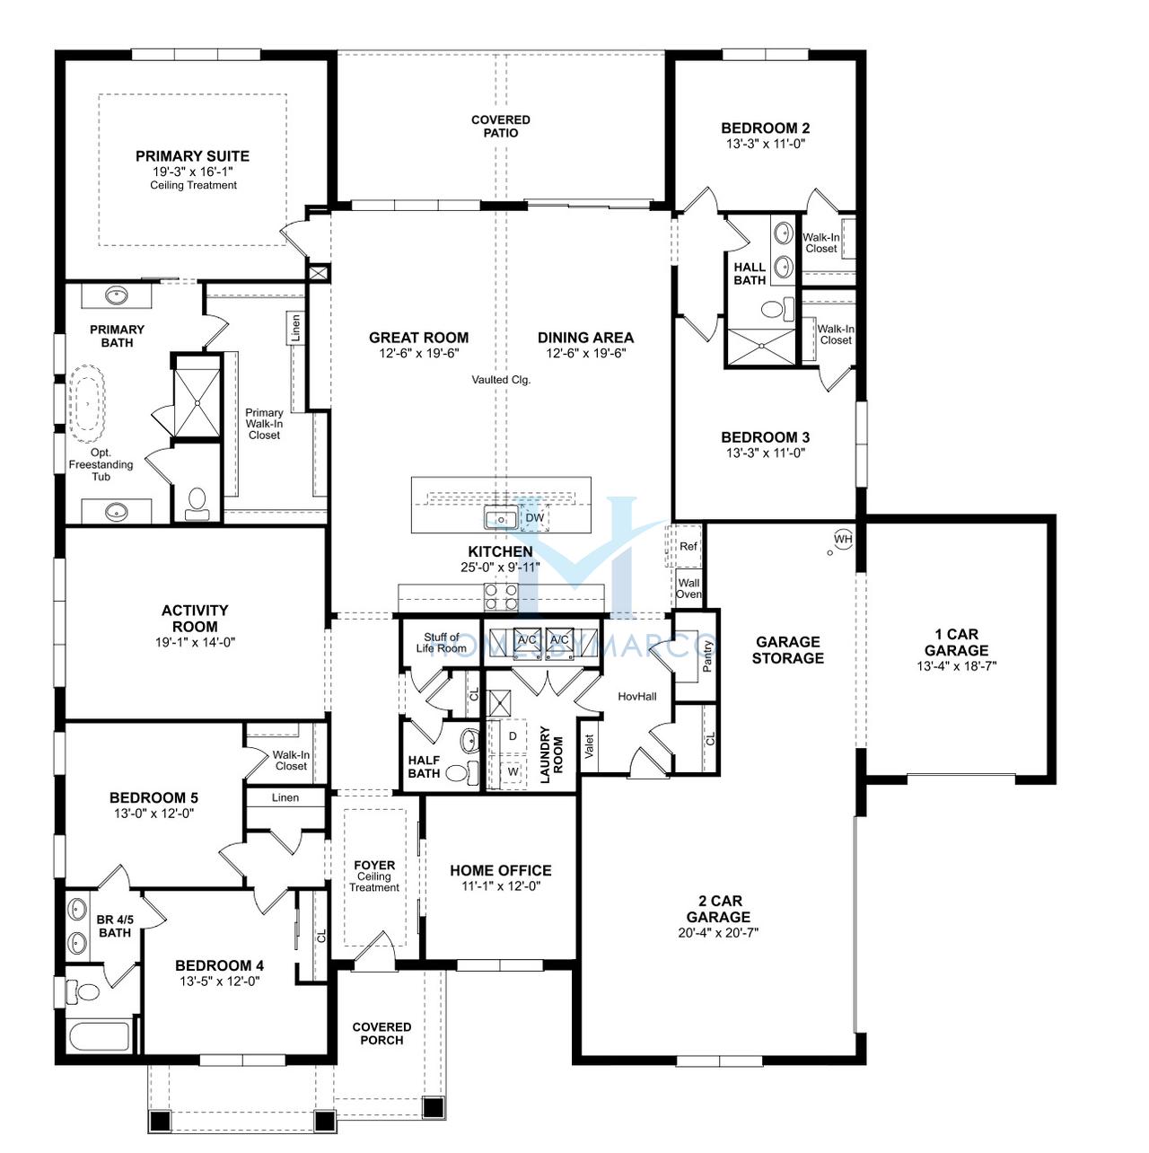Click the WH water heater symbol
coord(843,539)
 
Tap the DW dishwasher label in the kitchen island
coord(535,518)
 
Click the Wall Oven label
coord(689,588)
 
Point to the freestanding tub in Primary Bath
coord(89,404)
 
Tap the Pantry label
coord(707,656)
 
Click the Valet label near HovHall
coord(589,746)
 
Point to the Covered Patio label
coord(501,127)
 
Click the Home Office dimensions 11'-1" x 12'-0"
coord(501,886)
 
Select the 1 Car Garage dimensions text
coord(956,666)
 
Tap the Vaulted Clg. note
coord(501,379)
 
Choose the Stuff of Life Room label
coord(441,643)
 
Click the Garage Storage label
coord(788,650)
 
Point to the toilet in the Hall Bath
coord(777,308)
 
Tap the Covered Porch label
coord(382,1034)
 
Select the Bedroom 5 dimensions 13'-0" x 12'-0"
coord(153,814)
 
